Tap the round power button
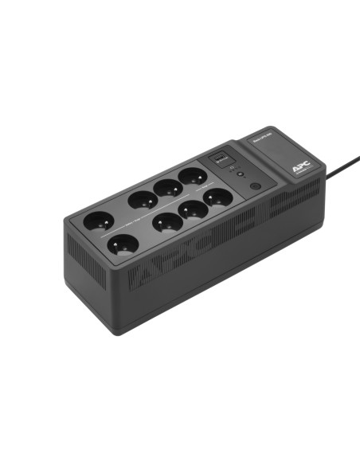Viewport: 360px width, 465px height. click(255, 186)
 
